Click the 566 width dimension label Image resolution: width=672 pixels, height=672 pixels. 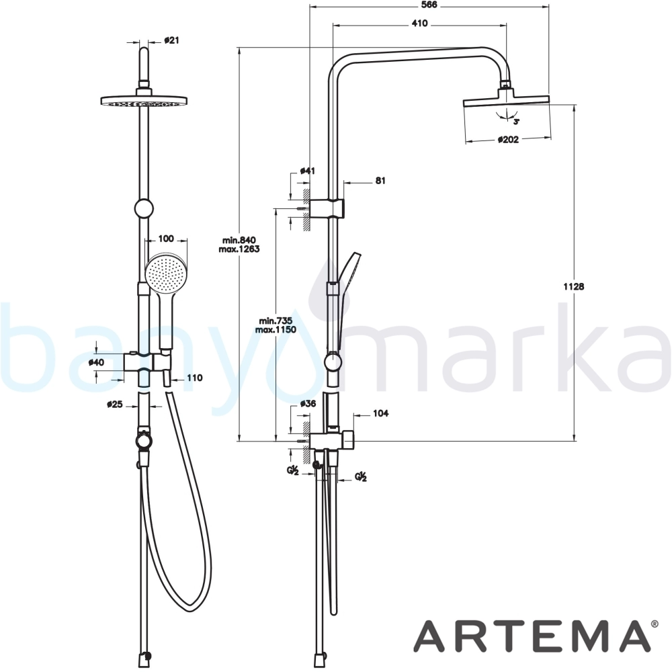429,5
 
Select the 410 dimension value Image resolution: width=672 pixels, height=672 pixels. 419,24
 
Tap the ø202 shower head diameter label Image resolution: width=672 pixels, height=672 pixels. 508,139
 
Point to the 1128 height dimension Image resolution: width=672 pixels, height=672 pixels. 573,286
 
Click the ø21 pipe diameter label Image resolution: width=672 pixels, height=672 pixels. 171,40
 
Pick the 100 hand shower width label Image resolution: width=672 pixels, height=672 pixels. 166,239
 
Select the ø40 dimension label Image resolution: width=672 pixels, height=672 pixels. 96,362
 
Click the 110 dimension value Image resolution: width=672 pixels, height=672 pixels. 195,378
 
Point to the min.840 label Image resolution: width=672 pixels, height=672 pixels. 239,240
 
